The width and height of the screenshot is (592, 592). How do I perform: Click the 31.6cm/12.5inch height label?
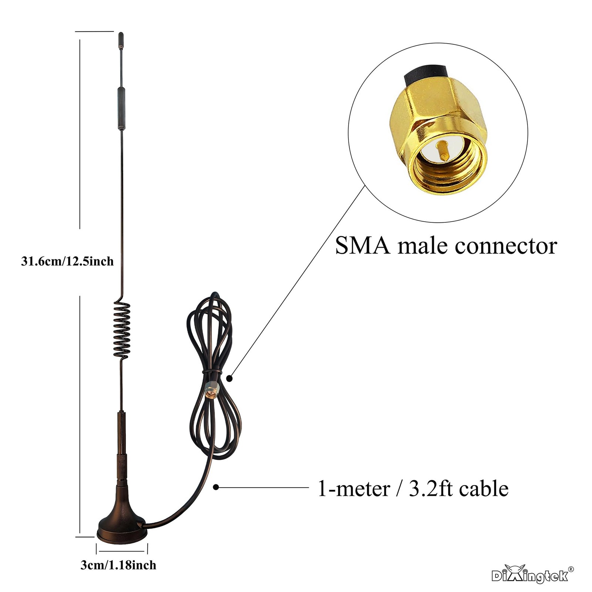point(67,262)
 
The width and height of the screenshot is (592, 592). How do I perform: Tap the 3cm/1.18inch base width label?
point(118,565)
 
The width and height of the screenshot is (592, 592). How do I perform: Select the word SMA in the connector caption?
point(363,246)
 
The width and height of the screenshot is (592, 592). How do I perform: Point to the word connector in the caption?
point(506,246)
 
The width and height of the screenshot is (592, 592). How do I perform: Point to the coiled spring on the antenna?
point(122,330)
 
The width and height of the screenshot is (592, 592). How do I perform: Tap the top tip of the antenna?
point(121,37)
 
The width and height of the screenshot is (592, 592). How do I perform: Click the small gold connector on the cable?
point(211,390)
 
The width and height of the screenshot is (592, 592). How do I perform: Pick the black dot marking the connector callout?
point(229,378)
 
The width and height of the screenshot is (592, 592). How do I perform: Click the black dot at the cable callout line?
point(216,487)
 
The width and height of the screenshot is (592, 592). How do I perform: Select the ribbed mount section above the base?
point(121,470)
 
